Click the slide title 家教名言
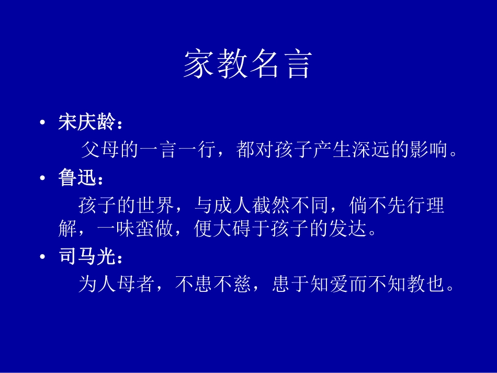248,64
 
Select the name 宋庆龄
87,122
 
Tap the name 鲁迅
77,177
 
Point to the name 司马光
87,256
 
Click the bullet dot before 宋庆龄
42,122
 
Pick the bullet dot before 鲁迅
42,178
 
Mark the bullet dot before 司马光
42,256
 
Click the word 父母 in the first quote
100,149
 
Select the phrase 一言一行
177,149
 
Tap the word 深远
371,149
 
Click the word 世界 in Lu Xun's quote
155,205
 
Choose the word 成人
233,205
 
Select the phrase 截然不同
291,205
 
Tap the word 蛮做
155,228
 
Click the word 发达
348,228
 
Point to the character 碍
242,228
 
